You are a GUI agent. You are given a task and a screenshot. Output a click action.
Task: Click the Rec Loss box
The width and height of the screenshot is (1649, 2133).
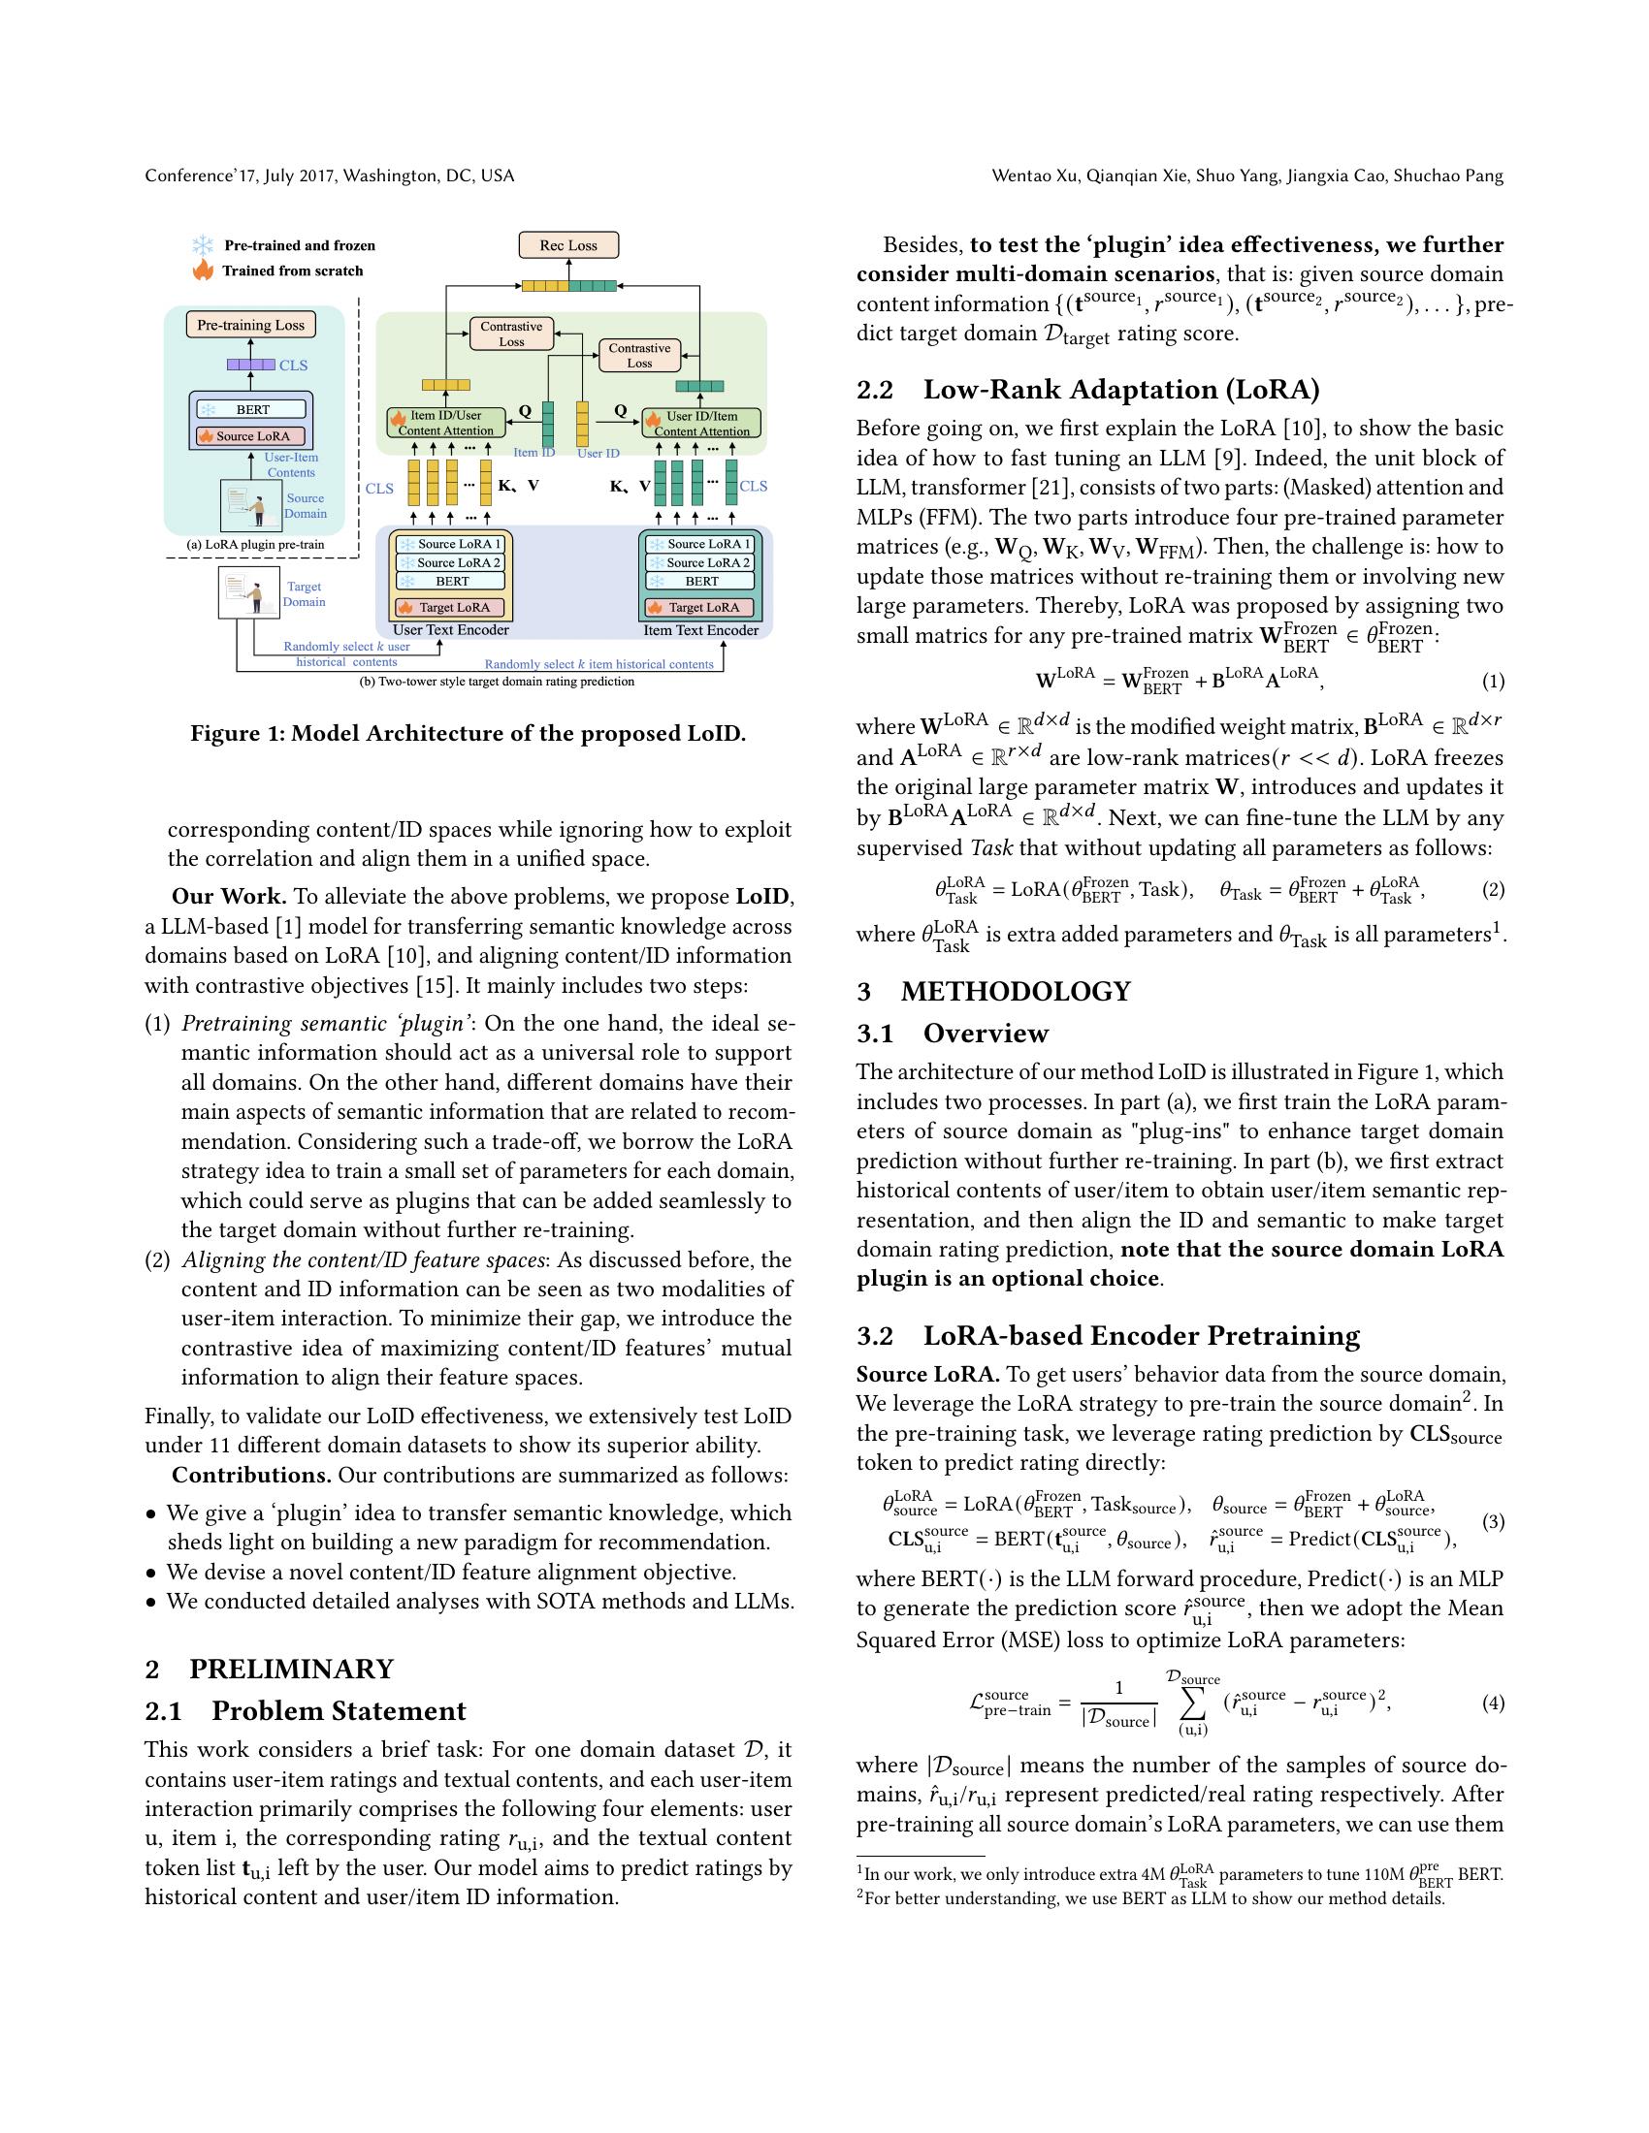click(568, 245)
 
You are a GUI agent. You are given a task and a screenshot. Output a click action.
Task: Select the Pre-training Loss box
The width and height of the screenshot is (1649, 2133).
click(250, 325)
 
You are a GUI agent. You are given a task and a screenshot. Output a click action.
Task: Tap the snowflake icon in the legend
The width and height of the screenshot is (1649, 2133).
click(202, 245)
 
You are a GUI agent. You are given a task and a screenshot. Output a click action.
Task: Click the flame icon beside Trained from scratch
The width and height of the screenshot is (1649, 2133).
click(202, 271)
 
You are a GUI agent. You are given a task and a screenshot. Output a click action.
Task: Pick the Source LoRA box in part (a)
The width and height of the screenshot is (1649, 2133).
click(251, 435)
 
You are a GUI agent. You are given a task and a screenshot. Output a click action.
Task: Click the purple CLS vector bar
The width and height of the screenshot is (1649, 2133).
click(250, 365)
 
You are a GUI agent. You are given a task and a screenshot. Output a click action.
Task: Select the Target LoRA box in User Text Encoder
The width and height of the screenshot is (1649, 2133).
click(451, 608)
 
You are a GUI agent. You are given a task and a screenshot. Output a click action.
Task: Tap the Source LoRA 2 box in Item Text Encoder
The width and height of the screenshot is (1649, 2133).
click(700, 562)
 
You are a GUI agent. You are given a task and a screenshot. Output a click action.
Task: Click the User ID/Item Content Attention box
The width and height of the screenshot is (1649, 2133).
click(700, 423)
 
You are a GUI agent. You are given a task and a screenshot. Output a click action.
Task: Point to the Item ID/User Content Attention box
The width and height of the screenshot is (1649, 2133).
click(446, 423)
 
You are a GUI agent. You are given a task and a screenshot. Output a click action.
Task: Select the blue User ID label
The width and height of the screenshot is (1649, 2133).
click(598, 453)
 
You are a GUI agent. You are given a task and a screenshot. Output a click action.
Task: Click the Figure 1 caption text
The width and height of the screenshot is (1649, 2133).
click(468, 734)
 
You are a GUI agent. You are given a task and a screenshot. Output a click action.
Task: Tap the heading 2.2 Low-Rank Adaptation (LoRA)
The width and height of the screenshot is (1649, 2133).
click(1087, 390)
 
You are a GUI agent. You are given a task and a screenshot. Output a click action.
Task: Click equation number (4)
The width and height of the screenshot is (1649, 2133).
click(1493, 1703)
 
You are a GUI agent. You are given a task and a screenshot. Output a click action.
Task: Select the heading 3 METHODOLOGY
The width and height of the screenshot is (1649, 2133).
click(993, 991)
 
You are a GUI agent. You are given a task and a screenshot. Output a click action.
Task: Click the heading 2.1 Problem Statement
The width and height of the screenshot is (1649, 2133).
click(305, 1711)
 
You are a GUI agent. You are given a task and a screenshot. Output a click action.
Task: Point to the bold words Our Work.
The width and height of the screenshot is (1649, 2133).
click(229, 897)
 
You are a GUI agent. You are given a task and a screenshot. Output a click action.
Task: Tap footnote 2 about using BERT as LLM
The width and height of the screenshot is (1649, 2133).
click(1149, 1898)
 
